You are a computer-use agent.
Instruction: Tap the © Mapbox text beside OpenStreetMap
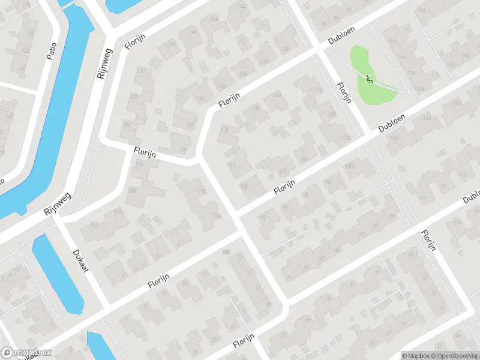pos(416,356)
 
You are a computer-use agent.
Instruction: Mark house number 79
pos(393,216)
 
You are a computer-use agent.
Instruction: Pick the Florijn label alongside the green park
pos(343,92)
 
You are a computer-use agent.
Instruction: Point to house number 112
pos(277,95)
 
